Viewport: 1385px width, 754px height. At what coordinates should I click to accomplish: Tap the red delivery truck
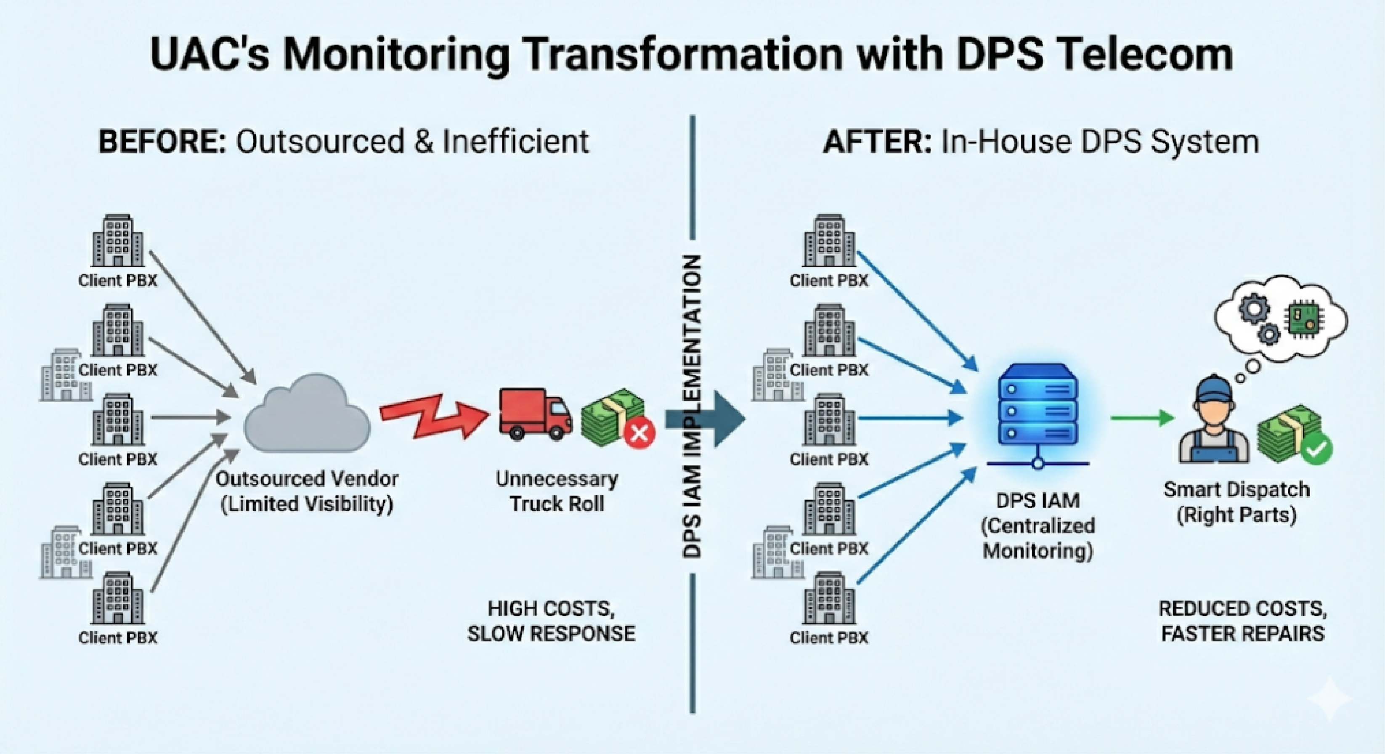click(534, 414)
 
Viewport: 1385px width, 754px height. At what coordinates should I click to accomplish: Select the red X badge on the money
click(640, 433)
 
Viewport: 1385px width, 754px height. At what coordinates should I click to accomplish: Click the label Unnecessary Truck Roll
click(557, 491)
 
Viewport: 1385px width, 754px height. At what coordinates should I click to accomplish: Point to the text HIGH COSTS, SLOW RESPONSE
click(551, 621)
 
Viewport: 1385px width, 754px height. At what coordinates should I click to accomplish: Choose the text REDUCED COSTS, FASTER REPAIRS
click(1242, 621)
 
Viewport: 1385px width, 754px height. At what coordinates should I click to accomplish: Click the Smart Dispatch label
click(1236, 502)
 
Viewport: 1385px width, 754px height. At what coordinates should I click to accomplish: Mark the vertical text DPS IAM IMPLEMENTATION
click(692, 406)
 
